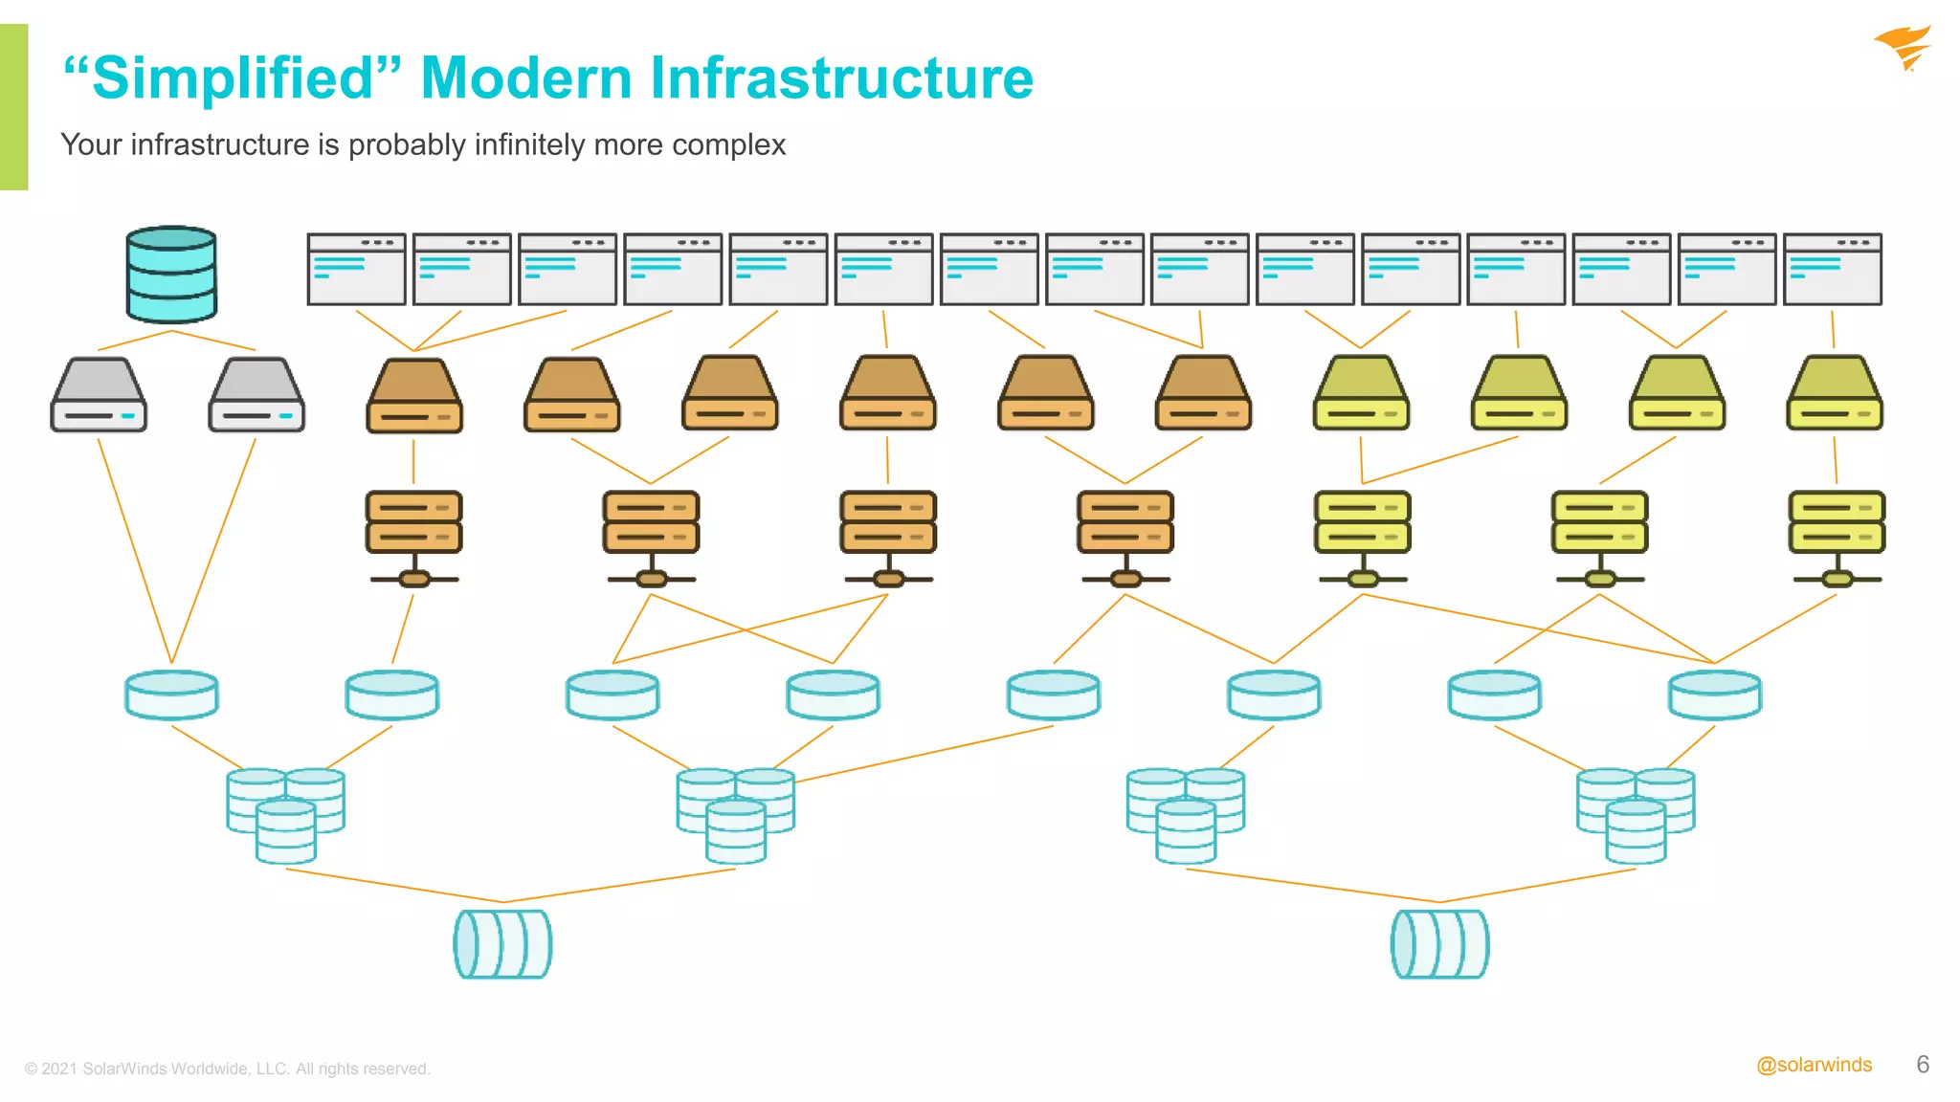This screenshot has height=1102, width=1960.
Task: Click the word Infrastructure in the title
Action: pyautogui.click(x=841, y=77)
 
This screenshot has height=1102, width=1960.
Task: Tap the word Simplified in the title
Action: pyautogui.click(x=232, y=77)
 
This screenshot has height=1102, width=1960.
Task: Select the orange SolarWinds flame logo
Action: pyautogui.click(x=1904, y=48)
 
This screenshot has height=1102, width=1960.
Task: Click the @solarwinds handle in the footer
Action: pyautogui.click(x=1814, y=1065)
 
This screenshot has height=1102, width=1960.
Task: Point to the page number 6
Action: pyautogui.click(x=1923, y=1065)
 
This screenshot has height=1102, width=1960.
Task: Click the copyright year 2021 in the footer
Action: pyautogui.click(x=59, y=1069)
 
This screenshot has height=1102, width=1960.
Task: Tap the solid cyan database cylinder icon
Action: pyautogui.click(x=171, y=275)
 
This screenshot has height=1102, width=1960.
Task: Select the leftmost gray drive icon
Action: pyautogui.click(x=99, y=395)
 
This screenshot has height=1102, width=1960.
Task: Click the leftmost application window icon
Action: pyautogui.click(x=356, y=270)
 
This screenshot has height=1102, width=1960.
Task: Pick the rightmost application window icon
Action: pyautogui.click(x=1833, y=270)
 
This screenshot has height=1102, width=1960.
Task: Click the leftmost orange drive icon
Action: pyautogui.click(x=414, y=395)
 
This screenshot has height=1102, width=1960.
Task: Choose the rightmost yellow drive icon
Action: pyautogui.click(x=1835, y=393)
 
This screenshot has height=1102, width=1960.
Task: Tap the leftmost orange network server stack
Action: pyautogui.click(x=413, y=537)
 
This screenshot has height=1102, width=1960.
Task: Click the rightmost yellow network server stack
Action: pyautogui.click(x=1837, y=537)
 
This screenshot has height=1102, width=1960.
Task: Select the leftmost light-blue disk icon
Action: pyautogui.click(x=172, y=694)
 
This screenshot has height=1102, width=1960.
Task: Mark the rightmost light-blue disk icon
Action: pyautogui.click(x=1714, y=694)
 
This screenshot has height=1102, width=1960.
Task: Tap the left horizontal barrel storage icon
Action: pyautogui.click(x=502, y=943)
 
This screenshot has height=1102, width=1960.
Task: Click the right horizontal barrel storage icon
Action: pyautogui.click(x=1439, y=943)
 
